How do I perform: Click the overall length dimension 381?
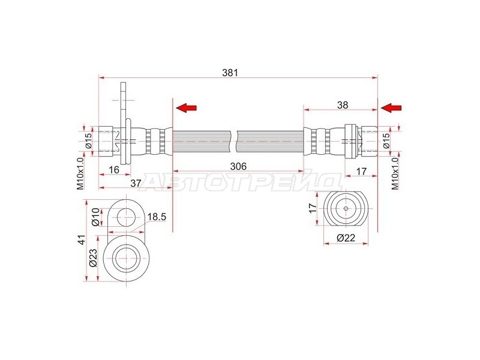click(x=230, y=73)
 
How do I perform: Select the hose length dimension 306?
click(x=238, y=167)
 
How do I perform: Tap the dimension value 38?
click(x=343, y=105)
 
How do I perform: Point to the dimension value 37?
click(x=136, y=183)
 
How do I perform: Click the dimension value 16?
click(x=114, y=170)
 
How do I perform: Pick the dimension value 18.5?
click(x=157, y=217)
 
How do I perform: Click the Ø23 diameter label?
click(x=93, y=257)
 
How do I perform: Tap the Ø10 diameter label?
click(x=95, y=217)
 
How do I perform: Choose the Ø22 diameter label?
click(x=346, y=238)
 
